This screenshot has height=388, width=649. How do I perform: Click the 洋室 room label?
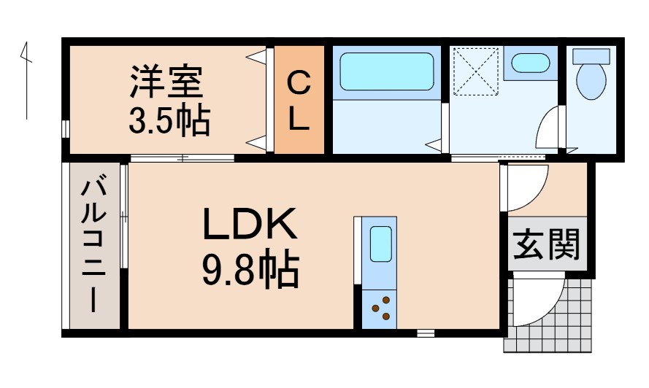[166, 82]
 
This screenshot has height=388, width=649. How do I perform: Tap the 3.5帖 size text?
[169, 120]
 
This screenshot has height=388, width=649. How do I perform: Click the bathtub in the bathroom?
[387, 71]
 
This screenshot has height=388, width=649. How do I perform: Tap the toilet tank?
[591, 56]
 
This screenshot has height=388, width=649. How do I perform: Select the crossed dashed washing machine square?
[475, 71]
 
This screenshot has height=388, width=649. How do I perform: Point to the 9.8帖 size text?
[250, 270]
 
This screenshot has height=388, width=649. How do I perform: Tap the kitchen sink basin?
[380, 244]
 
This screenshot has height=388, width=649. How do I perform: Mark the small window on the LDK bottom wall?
[426, 333]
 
